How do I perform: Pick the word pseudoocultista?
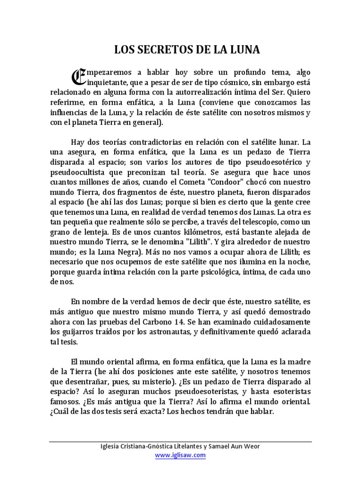75,172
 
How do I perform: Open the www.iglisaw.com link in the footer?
180,455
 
